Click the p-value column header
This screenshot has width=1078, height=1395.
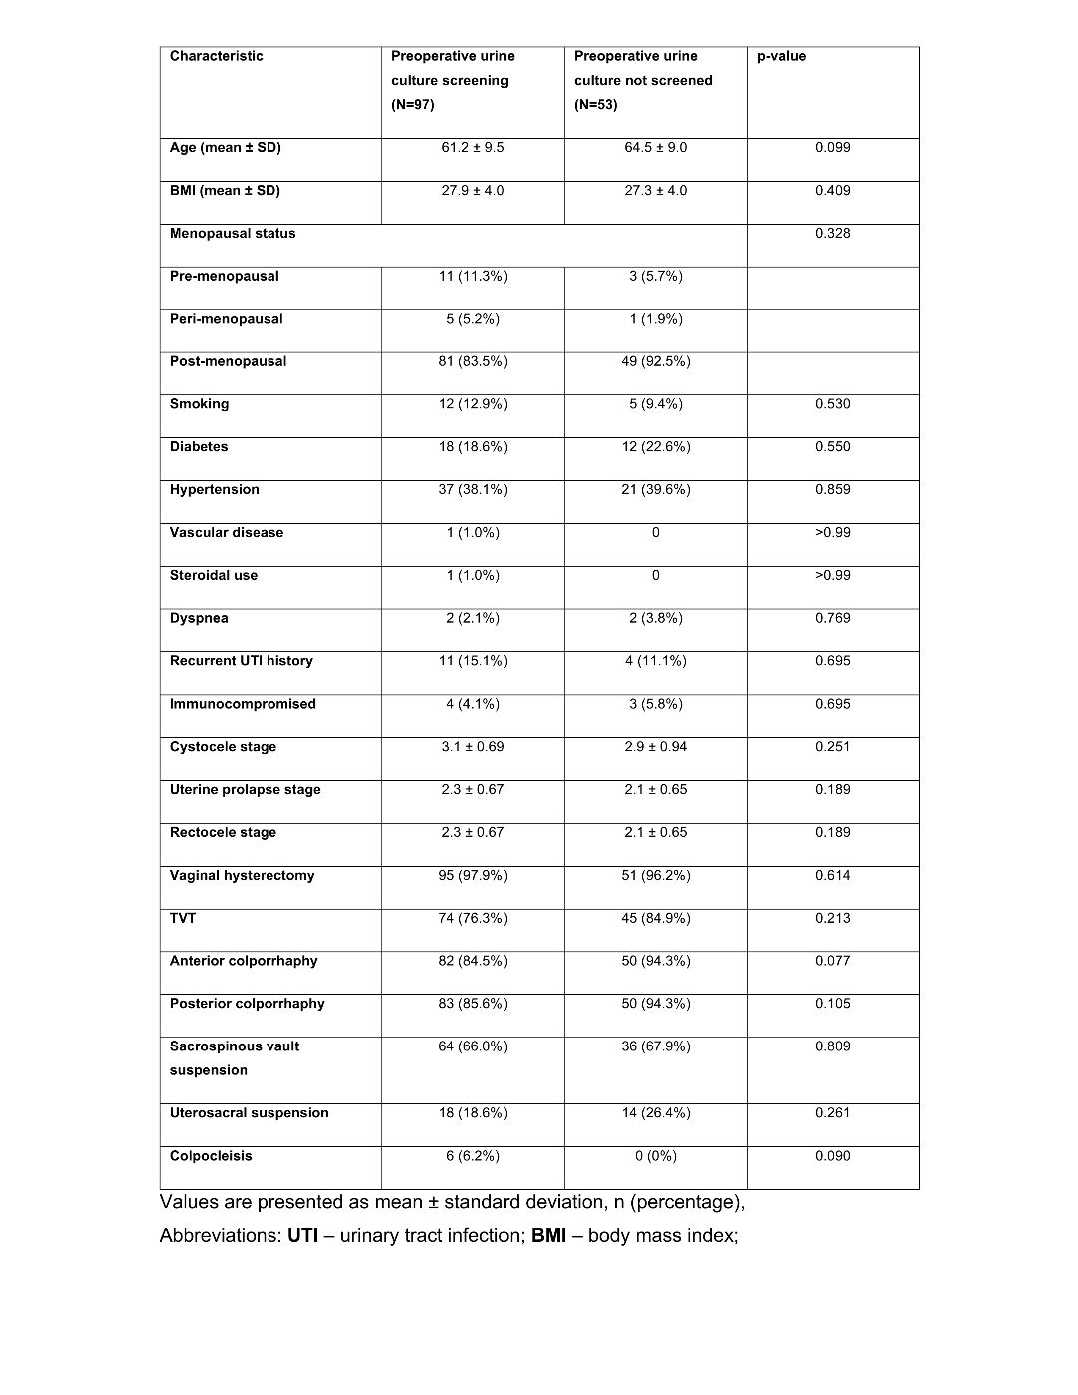pos(781,56)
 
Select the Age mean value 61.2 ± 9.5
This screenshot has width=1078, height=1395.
pos(473,148)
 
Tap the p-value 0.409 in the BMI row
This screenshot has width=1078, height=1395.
pos(832,191)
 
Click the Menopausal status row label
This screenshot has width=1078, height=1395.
pos(233,234)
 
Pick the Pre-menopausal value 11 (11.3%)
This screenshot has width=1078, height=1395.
pos(473,277)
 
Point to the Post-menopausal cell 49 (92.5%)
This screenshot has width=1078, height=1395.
pos(656,361)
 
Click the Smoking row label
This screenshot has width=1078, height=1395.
pos(199,404)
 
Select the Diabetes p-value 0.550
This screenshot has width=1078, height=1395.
pos(832,447)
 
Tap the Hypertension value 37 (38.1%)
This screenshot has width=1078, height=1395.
pos(473,490)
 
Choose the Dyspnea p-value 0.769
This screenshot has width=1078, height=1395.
pos(832,619)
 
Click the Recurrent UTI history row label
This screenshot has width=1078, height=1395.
pos(241,661)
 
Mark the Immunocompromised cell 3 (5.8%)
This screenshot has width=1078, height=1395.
pos(656,704)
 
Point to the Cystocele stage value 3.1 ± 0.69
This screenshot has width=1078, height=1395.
pos(473,747)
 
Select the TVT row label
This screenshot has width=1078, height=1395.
pos(183,919)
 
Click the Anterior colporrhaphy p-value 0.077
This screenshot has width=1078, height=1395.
pos(832,961)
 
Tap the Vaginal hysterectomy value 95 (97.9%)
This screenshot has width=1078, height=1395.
pos(473,876)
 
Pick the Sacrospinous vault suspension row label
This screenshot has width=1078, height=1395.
pos(235,1058)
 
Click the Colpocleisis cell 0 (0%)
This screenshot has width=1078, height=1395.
pos(656,1156)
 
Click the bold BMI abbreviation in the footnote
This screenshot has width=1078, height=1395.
pos(548,1236)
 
